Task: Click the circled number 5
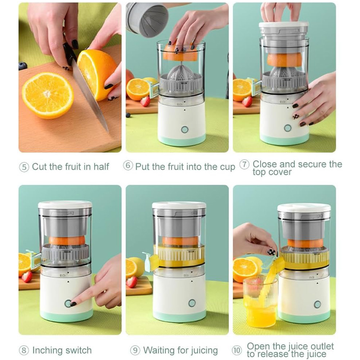tap(24, 167)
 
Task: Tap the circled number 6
tap(128, 166)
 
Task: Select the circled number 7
tap(244, 165)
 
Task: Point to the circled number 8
tap(24, 351)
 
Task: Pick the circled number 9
tap(135, 351)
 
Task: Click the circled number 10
tap(237, 351)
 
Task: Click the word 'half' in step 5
tap(101, 166)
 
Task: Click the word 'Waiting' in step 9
tap(159, 351)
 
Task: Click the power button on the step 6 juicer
tap(185, 130)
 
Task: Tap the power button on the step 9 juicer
tap(192, 303)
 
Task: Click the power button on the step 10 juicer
tap(317, 305)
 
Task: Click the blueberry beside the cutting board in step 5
tap(22, 66)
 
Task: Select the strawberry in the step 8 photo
tap(27, 276)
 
